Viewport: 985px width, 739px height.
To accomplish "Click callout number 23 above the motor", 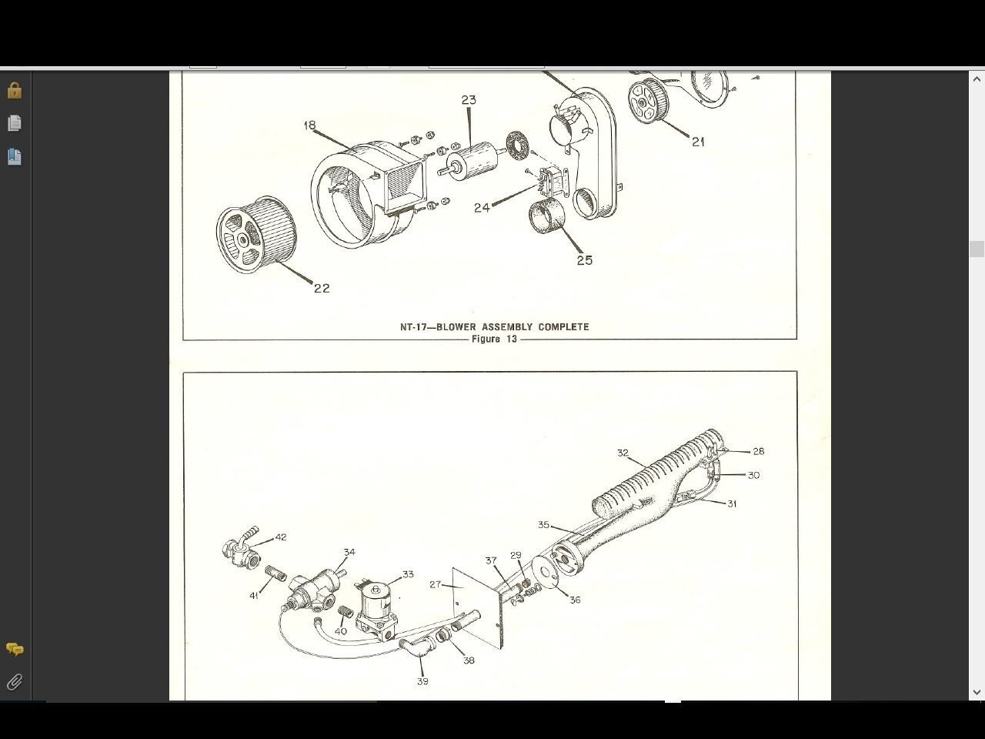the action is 469,100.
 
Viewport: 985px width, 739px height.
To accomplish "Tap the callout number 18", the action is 309,125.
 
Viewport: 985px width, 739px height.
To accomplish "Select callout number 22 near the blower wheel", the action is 322,288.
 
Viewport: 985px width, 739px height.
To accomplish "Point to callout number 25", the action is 585,260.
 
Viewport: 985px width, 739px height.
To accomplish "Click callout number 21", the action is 698,142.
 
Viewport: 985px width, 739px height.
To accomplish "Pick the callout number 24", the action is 482,208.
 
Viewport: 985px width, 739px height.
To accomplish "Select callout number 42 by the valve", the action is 281,537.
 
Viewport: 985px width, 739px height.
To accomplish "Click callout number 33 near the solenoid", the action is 408,574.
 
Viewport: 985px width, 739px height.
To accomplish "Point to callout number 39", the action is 422,681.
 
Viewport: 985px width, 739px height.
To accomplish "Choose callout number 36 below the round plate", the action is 575,600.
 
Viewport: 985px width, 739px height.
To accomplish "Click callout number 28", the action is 759,451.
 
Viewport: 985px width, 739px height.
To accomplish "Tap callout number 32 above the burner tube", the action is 623,453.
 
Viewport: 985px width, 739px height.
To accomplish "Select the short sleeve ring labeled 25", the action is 547,216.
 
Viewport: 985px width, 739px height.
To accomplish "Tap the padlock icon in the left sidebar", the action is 15,90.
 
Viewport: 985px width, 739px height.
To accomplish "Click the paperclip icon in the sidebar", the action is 15,682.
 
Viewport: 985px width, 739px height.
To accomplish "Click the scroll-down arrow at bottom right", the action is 977,692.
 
